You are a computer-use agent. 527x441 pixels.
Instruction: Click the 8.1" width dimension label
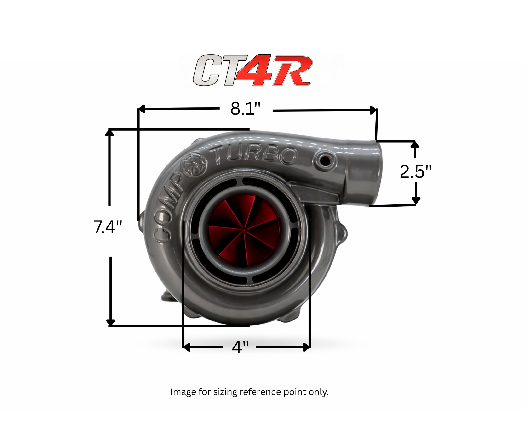click(246, 109)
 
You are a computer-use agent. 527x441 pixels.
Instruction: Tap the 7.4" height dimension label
click(108, 227)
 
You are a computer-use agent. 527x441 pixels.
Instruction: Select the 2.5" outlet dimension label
click(415, 172)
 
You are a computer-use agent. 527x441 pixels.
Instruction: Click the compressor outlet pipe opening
click(376, 173)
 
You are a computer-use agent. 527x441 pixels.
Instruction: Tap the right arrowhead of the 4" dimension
click(307, 347)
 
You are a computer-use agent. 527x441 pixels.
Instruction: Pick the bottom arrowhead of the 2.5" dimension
click(416, 200)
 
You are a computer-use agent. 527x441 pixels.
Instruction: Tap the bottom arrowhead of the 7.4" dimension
click(110, 322)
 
